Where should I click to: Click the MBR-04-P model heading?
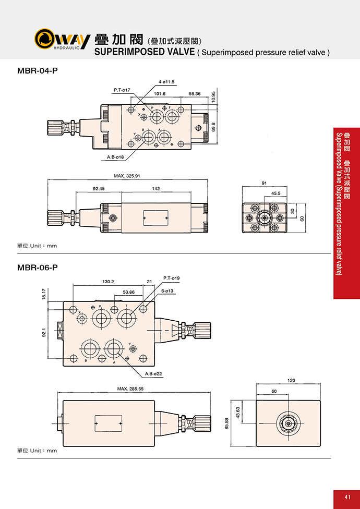tap(38, 70)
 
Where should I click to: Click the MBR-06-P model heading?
tap(38, 268)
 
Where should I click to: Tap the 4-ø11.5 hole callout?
tap(166, 82)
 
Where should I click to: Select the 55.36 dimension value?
tap(195, 93)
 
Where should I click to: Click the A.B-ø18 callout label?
tap(115, 157)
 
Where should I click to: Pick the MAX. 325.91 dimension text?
tap(127, 176)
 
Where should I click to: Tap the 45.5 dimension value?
tap(275, 193)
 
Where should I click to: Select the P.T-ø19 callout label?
tap(172, 278)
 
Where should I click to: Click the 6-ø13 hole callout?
tap(167, 291)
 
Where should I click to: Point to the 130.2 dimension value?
tap(108, 282)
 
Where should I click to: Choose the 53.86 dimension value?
tap(128, 292)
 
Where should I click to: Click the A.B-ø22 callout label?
tap(153, 374)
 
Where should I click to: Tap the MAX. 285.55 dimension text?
tap(130, 389)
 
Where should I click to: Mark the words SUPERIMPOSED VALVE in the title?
tap(144, 52)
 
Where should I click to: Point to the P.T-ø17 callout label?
tap(122, 90)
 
